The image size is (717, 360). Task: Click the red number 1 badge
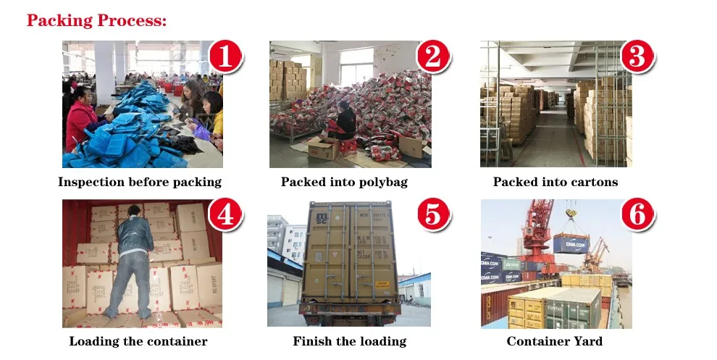(225, 56)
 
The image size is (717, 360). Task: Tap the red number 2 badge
(433, 56)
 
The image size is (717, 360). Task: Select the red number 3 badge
(637, 56)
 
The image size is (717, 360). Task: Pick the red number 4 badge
(225, 215)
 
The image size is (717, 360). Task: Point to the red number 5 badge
(433, 215)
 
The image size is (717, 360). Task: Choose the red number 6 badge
(637, 215)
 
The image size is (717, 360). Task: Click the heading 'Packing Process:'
(97, 20)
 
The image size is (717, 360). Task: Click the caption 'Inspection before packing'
(140, 182)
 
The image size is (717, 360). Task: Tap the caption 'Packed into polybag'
(344, 182)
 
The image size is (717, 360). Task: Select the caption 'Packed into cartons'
(555, 182)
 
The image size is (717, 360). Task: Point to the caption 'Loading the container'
(138, 341)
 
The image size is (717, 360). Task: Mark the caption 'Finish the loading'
(349, 341)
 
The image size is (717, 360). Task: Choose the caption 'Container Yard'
(554, 341)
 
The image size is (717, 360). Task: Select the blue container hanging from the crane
(571, 242)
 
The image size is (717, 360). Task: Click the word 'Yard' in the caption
(587, 341)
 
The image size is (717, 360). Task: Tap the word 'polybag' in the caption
(382, 182)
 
